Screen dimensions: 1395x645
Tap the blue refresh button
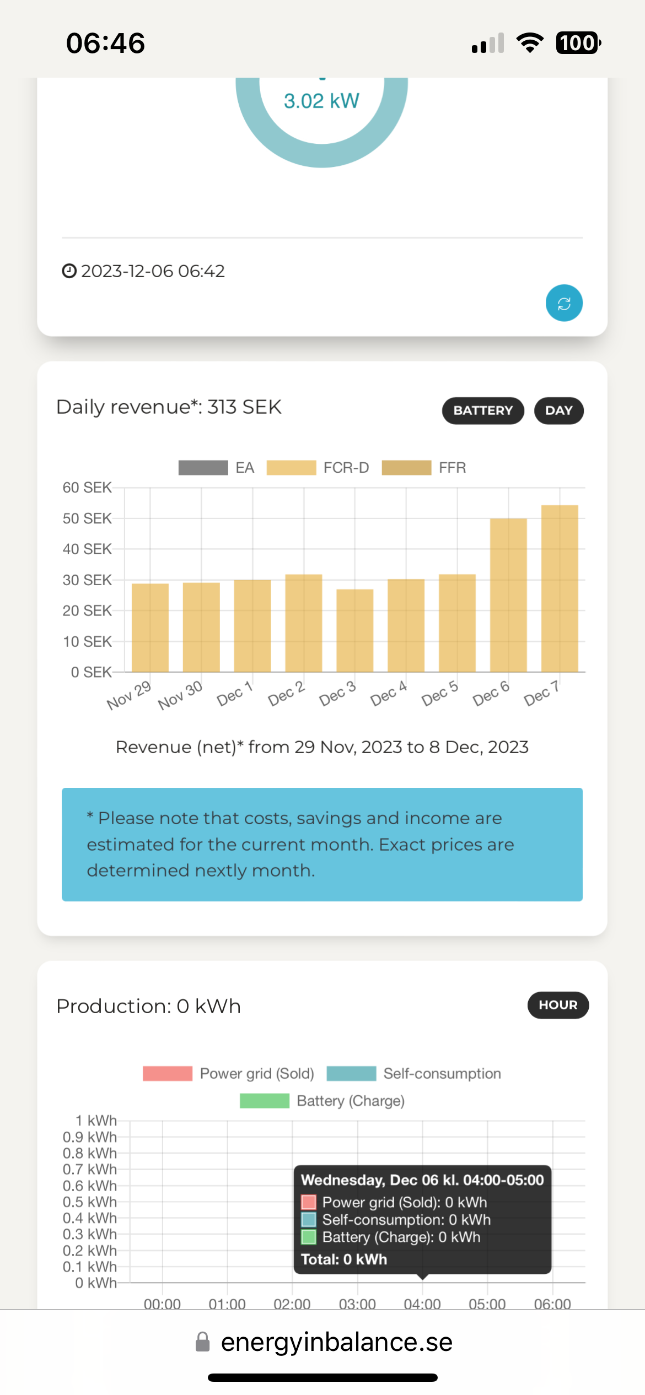(x=564, y=303)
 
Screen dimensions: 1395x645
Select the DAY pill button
(x=558, y=410)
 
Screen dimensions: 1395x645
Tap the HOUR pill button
(x=558, y=1005)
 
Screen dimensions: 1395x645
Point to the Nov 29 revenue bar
(x=150, y=628)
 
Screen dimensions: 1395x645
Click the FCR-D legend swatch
(x=291, y=468)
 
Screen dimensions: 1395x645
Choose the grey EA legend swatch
(x=203, y=468)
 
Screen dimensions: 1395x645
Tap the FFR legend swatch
(x=406, y=468)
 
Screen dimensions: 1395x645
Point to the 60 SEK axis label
(x=87, y=488)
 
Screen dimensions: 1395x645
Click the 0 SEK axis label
(x=91, y=672)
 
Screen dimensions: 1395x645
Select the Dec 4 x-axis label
(x=389, y=693)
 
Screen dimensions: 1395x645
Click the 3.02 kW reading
(x=321, y=101)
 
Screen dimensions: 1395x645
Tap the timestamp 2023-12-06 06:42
(x=153, y=271)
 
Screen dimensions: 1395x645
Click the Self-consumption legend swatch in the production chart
(x=351, y=1073)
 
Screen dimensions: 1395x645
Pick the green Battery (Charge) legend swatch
(x=265, y=1101)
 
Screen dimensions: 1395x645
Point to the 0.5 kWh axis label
(x=90, y=1202)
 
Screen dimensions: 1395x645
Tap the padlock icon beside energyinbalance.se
(x=203, y=1342)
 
